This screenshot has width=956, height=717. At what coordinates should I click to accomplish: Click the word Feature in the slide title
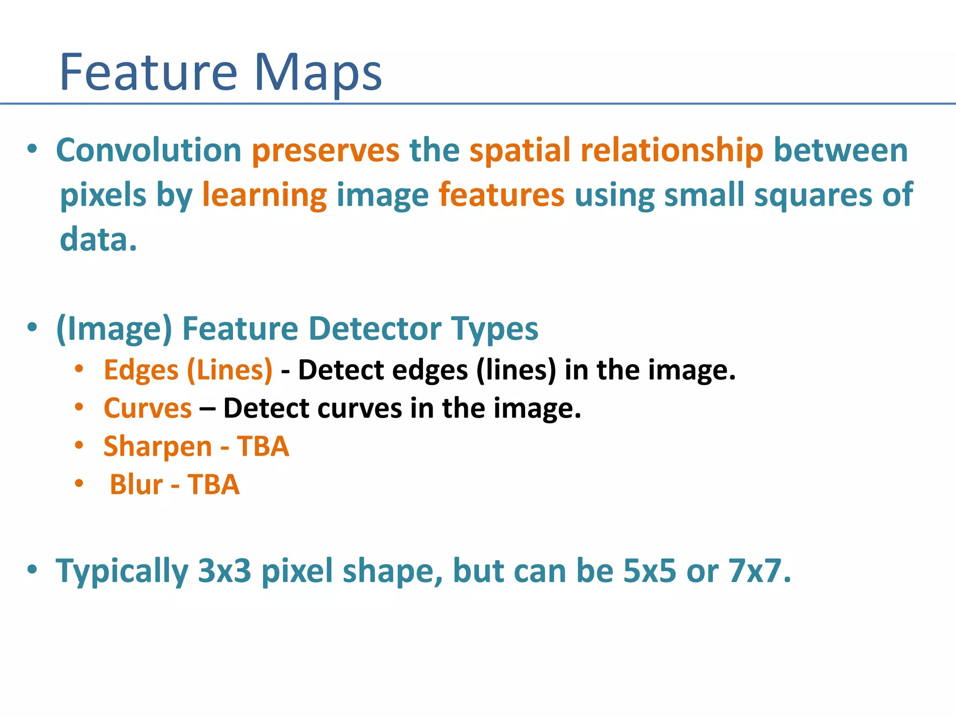(x=148, y=72)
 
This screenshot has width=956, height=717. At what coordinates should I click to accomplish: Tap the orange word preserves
(x=325, y=151)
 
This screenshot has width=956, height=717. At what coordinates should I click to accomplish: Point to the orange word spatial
(x=520, y=151)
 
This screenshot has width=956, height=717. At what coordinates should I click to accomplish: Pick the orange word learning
(x=264, y=195)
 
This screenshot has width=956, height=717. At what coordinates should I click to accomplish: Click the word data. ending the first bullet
(x=98, y=239)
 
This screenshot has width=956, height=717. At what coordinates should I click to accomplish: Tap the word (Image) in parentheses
(x=114, y=329)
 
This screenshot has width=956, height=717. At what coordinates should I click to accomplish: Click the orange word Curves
(x=148, y=408)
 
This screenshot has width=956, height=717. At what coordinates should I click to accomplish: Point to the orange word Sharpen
(x=158, y=446)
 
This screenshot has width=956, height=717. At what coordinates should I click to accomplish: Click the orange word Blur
(x=136, y=485)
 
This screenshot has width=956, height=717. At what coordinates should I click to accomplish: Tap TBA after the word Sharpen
(x=263, y=446)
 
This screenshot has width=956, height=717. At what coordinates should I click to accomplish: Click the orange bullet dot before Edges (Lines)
(x=79, y=369)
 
